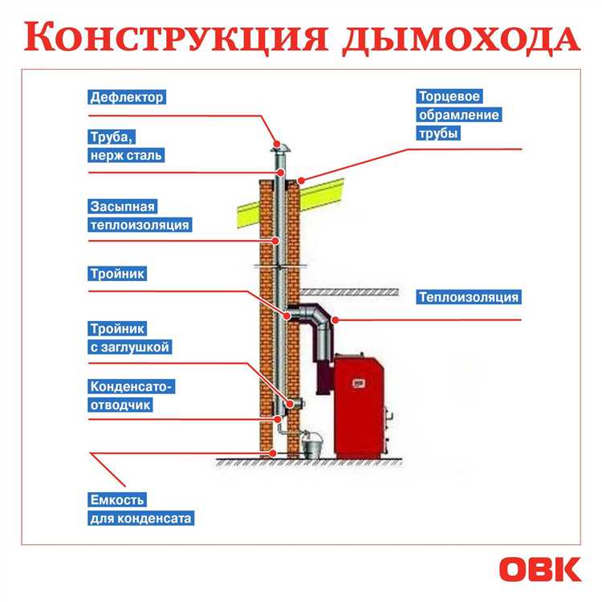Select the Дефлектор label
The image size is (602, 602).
pos(126,97)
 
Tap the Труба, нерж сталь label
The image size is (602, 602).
pos(126,145)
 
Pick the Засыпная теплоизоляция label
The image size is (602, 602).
pos(140,217)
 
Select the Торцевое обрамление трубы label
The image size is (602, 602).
pos(459,115)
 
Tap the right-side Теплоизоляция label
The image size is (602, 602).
pos(469,297)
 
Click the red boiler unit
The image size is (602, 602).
pos(361,405)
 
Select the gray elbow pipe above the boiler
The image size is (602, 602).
pos(316,321)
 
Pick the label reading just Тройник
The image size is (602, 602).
pos(117,274)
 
